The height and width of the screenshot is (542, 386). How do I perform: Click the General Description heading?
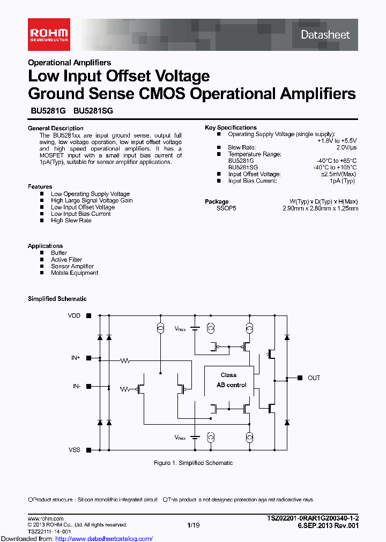click(x=56, y=129)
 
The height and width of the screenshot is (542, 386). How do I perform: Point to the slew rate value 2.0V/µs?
click(x=346, y=147)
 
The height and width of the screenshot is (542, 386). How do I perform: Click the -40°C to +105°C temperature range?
click(x=336, y=167)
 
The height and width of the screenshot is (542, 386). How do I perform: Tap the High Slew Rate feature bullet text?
click(x=71, y=220)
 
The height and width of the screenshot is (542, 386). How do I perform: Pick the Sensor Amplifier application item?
click(x=72, y=266)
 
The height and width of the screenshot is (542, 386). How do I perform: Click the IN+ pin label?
click(x=76, y=357)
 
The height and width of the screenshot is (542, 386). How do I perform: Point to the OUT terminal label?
click(x=314, y=378)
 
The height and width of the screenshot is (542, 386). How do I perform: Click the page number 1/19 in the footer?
click(x=192, y=525)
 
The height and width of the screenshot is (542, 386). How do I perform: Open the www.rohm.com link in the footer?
click(x=46, y=518)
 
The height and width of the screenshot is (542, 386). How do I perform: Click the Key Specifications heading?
click(x=231, y=127)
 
